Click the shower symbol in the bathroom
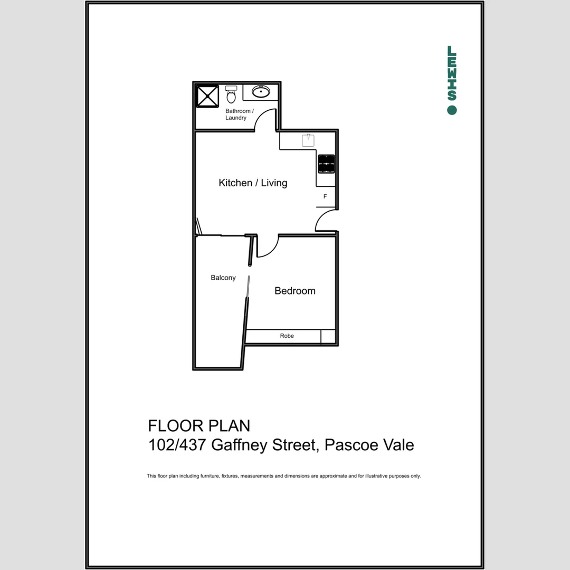(207, 96)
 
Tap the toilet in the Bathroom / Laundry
(231, 95)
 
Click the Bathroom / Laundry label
(239, 115)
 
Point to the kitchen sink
(308, 140)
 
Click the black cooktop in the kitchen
(326, 164)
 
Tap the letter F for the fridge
(325, 197)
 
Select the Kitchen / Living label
(253, 183)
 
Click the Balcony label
(223, 278)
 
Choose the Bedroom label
(295, 291)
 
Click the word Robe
(287, 336)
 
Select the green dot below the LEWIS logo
(452, 110)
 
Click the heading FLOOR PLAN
(199, 425)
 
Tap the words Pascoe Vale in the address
(369, 445)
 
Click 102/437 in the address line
(177, 445)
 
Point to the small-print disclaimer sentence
(283, 476)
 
